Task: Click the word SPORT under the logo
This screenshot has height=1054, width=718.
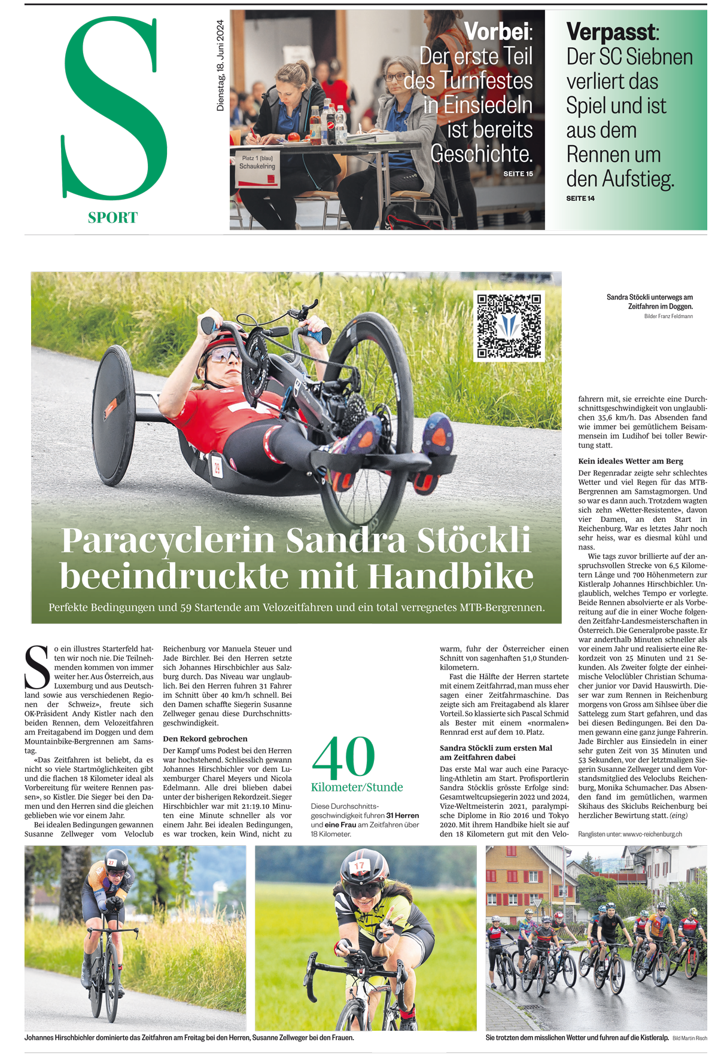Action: (112, 218)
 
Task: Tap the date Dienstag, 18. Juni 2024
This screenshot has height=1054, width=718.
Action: (220, 66)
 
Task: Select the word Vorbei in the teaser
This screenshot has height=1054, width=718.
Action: (496, 31)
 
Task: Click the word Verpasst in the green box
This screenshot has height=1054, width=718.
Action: (610, 31)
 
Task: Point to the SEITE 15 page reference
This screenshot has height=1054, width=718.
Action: (518, 174)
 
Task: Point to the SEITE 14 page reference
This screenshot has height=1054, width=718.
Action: (580, 198)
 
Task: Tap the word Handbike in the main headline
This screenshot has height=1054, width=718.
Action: (451, 577)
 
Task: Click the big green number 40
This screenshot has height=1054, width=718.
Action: (343, 757)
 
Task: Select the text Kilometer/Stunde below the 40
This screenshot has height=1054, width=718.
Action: (357, 787)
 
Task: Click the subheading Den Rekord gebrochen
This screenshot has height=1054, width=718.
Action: (205, 739)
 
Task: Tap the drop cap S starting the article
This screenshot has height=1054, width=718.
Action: (37, 667)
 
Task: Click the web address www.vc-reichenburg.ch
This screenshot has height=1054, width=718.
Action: (652, 834)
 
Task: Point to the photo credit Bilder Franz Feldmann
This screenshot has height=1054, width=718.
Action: (668, 316)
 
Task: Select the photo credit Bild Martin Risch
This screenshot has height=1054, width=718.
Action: (689, 1038)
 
